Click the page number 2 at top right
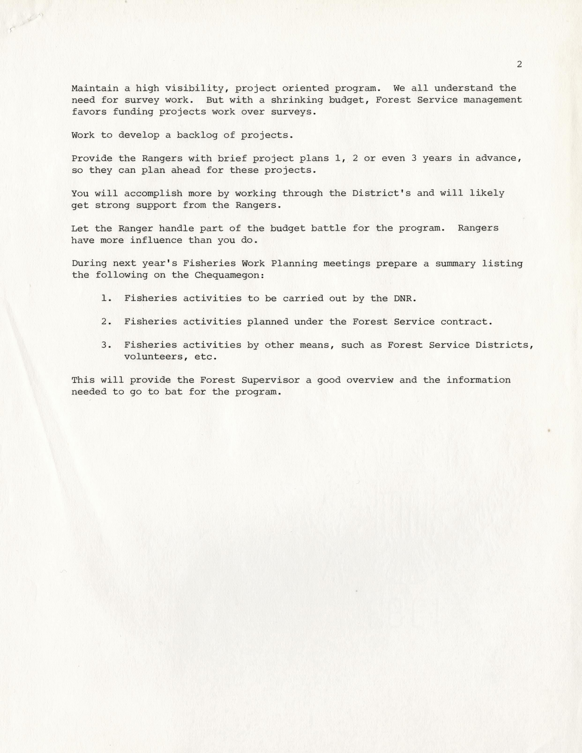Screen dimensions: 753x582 [519, 64]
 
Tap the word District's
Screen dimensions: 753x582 [381, 193]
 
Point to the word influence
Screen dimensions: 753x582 [156, 240]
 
